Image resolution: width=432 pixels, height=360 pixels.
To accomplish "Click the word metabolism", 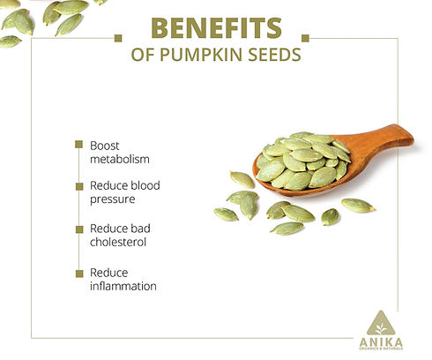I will coord(120,160).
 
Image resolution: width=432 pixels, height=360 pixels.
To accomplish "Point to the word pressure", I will coord(112,200).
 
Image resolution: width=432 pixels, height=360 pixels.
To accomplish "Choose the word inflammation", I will coord(123,286).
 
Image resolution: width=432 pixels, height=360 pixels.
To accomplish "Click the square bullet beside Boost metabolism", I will coord(80,145).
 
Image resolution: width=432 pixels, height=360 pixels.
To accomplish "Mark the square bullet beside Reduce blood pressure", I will coord(80,186).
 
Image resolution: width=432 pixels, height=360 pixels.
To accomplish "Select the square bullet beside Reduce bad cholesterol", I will coord(80,229).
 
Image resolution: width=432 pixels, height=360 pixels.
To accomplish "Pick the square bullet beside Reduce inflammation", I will coord(80,272).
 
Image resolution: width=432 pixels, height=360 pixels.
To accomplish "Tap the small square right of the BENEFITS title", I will coord(306,38).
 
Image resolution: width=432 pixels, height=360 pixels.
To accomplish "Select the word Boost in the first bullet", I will coord(104,146).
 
